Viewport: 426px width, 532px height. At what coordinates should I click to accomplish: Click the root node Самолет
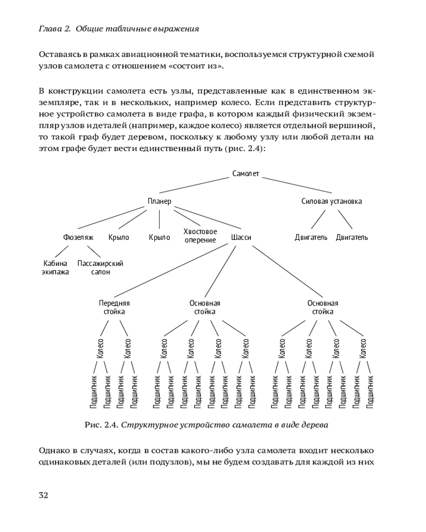coord(246,174)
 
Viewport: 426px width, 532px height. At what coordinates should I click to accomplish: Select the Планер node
coord(159,201)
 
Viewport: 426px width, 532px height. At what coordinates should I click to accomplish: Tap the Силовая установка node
coord(331,201)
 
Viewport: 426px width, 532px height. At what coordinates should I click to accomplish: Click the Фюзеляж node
coord(78,237)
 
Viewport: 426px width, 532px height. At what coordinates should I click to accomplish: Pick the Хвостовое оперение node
coord(200,236)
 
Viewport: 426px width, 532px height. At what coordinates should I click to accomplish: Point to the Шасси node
coord(241,237)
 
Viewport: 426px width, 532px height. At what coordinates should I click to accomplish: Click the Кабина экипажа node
coord(55,268)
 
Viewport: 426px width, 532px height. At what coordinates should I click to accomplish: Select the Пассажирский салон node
coord(101,268)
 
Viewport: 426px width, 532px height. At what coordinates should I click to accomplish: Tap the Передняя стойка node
coord(114,307)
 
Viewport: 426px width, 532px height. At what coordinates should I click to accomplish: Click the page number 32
coord(44,495)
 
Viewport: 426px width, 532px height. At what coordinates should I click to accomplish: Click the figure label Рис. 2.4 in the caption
coord(102,425)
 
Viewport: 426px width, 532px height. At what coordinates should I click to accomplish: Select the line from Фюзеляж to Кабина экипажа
coord(66,252)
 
